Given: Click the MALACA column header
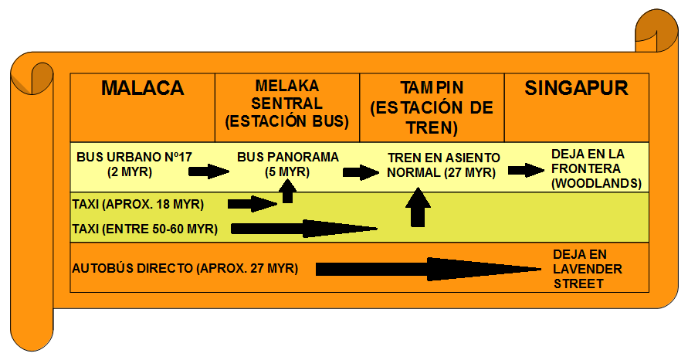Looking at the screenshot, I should [142, 89].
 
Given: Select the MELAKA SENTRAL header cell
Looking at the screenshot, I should [287, 104].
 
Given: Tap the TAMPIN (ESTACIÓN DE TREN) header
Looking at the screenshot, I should [431, 107].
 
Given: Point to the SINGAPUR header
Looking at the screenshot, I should [576, 88].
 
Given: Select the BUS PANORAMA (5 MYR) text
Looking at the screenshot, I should [287, 164].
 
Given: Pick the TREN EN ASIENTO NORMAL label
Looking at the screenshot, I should [443, 165].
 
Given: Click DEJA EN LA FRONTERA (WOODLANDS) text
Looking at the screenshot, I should [595, 168].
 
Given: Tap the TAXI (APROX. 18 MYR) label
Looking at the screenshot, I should [137, 205].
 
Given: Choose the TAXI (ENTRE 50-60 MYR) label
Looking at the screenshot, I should [144, 229].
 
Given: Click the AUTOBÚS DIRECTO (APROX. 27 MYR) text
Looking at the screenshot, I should [185, 269].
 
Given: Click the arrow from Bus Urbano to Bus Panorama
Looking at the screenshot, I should [208, 171].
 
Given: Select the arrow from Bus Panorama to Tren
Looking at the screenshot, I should [360, 172].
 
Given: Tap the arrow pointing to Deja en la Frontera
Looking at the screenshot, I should [526, 170].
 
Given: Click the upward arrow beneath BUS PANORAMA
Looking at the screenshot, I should [287, 190].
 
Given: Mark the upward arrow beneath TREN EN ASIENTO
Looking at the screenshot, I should [418, 206].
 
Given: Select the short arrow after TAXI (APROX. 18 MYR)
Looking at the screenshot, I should [252, 204].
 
